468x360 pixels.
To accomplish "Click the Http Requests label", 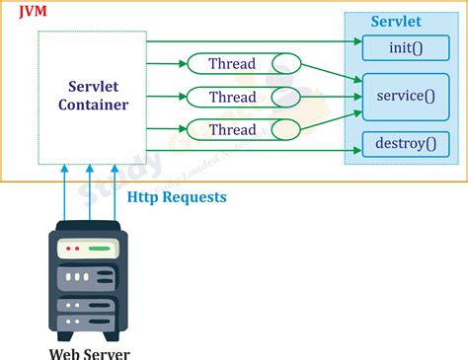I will tap(177, 197).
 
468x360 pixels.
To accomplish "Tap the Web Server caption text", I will tap(90, 352).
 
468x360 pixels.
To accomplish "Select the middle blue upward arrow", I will tap(90, 192).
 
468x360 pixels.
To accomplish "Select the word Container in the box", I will tap(93, 105).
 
